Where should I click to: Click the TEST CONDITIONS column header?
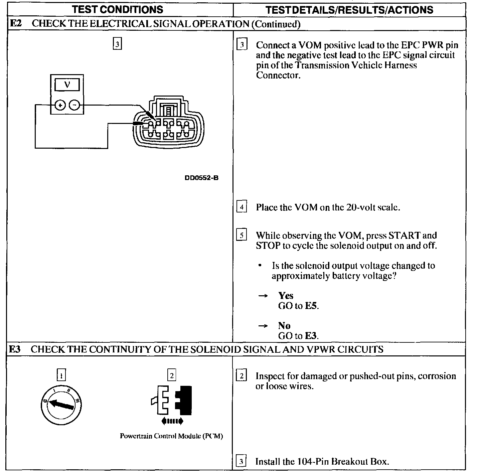pyautogui.click(x=118, y=9)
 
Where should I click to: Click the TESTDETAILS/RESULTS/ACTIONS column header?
pyautogui.click(x=349, y=10)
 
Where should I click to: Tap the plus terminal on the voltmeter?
pyautogui.click(x=60, y=106)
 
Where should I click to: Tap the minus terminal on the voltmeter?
pyautogui.click(x=74, y=106)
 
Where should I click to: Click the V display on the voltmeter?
pyautogui.click(x=67, y=85)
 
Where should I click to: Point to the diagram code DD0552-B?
pyautogui.click(x=201, y=178)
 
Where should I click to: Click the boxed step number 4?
pyautogui.click(x=242, y=207)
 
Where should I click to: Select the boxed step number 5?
pyautogui.click(x=242, y=235)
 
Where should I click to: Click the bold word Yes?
pyautogui.click(x=286, y=296)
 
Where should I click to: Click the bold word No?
pyautogui.click(x=284, y=326)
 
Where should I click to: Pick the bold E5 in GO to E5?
pyautogui.click(x=311, y=306)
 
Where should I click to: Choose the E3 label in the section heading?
pyautogui.click(x=15, y=349)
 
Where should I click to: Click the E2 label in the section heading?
pyautogui.click(x=16, y=24)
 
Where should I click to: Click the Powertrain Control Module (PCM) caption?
pyautogui.click(x=171, y=436)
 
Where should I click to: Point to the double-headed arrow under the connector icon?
pyautogui.click(x=172, y=421)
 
